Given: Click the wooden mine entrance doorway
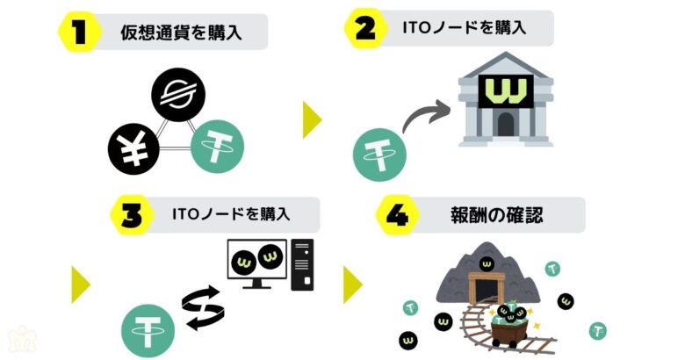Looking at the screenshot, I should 482,286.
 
